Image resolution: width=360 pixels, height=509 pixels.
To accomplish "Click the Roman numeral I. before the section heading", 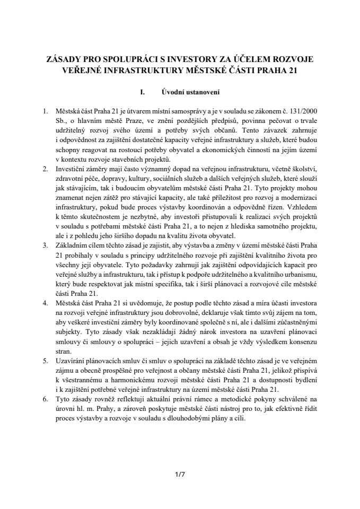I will tap(142, 92).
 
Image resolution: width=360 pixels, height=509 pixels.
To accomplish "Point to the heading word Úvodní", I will tap(174, 92).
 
